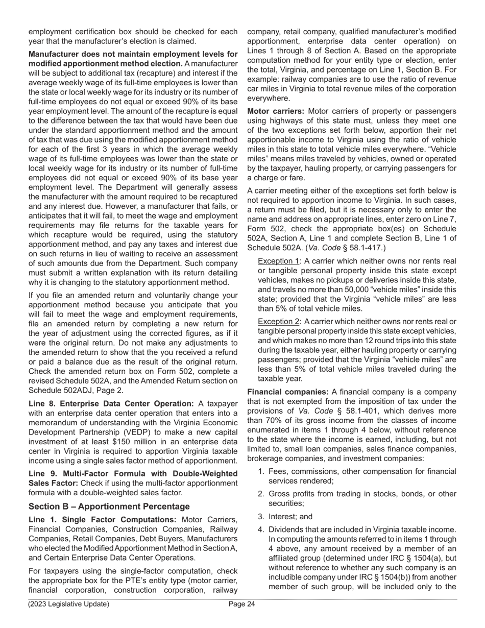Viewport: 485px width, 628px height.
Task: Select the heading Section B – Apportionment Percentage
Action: [x=109, y=506]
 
